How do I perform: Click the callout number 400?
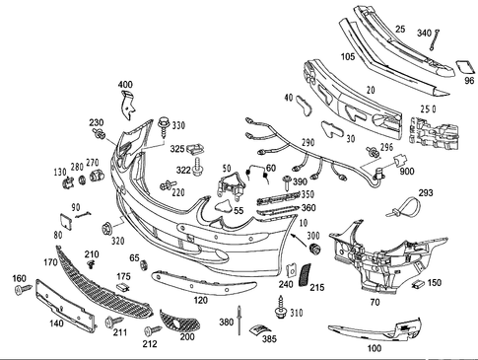(126, 84)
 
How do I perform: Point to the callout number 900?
(407, 171)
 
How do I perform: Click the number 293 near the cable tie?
(425, 193)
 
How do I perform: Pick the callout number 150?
(434, 283)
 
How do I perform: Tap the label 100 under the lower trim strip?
(374, 348)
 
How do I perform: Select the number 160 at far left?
(18, 279)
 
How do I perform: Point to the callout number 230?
(96, 122)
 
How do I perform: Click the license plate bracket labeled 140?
(64, 302)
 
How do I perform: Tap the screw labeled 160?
(20, 293)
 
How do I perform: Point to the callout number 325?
(177, 149)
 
